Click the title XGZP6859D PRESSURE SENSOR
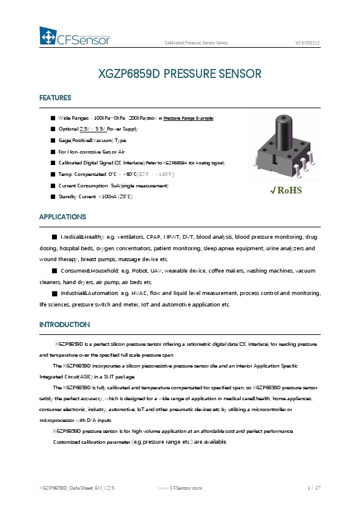click(180, 74)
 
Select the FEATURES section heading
click(55, 98)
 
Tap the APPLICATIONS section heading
click(62, 216)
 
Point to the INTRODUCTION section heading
click(64, 325)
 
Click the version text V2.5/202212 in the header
click(307, 43)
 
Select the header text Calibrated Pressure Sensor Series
click(196, 43)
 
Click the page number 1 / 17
click(313, 487)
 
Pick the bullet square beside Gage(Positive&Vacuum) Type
click(53, 140)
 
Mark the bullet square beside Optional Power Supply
click(53, 129)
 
